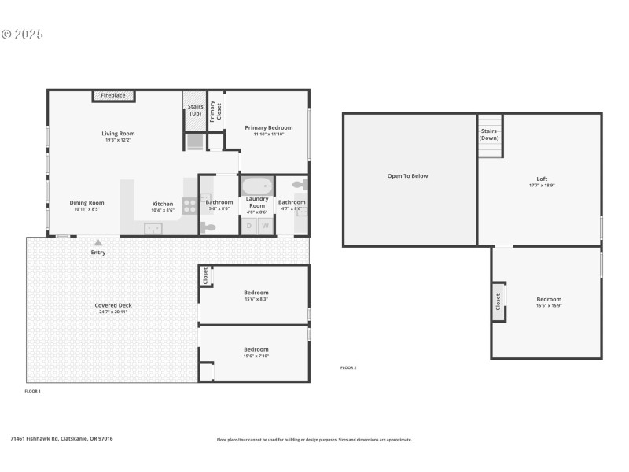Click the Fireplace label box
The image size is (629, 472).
pyautogui.click(x=113, y=96)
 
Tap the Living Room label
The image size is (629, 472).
pyautogui.click(x=118, y=134)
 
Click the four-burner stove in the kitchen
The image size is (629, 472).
pyautogui.click(x=189, y=205)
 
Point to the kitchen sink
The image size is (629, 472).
pyautogui.click(x=153, y=228)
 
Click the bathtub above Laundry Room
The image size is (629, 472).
pyautogui.click(x=256, y=186)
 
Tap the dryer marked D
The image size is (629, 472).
pyautogui.click(x=249, y=226)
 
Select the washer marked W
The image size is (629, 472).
pyautogui.click(x=265, y=226)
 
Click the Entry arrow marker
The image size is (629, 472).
pyautogui.click(x=98, y=243)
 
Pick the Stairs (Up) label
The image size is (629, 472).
pyautogui.click(x=194, y=110)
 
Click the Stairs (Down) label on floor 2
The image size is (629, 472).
pyautogui.click(x=489, y=135)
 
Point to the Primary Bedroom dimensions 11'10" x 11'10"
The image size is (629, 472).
pyautogui.click(x=268, y=135)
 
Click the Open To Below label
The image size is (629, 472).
pyautogui.click(x=408, y=176)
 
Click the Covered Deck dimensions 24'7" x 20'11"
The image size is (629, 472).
pyautogui.click(x=113, y=312)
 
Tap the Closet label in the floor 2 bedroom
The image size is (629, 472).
pyautogui.click(x=498, y=301)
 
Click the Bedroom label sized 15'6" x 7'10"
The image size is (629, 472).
pyautogui.click(x=256, y=349)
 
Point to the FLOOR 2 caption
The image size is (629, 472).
pyautogui.click(x=348, y=368)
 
